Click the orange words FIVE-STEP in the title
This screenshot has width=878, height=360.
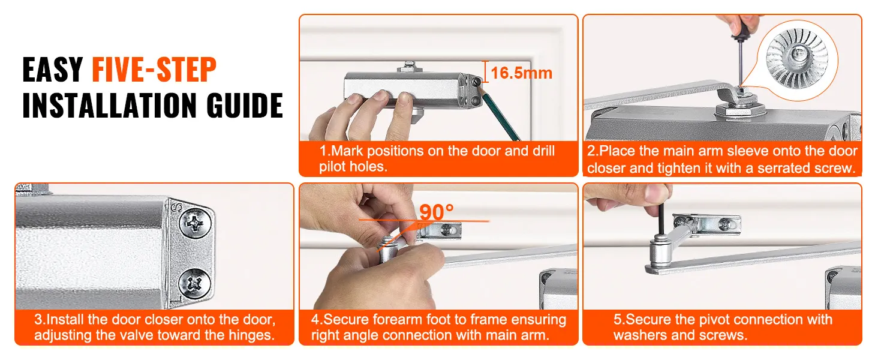[x=154, y=69]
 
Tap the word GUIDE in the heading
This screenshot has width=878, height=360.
[x=245, y=105]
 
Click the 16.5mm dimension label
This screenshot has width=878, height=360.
[x=521, y=73]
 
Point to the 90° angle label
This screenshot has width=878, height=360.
[x=436, y=212]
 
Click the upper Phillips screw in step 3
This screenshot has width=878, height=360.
[x=195, y=224]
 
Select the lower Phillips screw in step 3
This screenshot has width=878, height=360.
[x=194, y=283]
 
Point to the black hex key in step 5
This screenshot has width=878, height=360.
[x=660, y=220]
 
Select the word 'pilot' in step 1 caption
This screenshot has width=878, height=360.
[x=332, y=167]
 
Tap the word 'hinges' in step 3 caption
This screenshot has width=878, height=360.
[x=251, y=335]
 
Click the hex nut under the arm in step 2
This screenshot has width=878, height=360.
[x=740, y=111]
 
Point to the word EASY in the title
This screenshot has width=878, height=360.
[x=53, y=70]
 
